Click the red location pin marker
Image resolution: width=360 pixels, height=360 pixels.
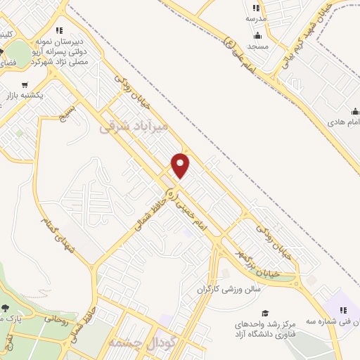click(181, 165)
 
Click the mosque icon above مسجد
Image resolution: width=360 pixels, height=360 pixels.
click(259, 35)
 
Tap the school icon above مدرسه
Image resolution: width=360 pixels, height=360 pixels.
click(253, 8)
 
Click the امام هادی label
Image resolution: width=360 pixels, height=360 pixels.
click(343, 122)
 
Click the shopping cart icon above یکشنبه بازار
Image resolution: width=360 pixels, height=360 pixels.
click(32, 83)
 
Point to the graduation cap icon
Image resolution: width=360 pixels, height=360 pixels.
click(264, 314)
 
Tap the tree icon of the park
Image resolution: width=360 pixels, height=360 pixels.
click(6, 308)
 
